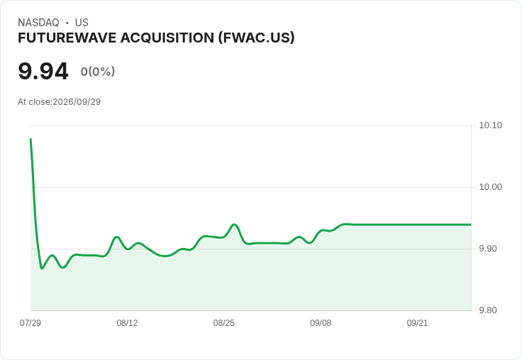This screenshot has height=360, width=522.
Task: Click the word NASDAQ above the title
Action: [x=38, y=23]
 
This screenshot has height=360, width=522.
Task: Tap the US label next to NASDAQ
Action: [x=82, y=23]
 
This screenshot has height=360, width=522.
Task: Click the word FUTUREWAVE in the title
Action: [x=67, y=38]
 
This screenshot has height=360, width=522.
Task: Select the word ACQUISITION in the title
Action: [x=167, y=38]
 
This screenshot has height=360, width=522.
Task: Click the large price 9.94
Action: [x=43, y=71]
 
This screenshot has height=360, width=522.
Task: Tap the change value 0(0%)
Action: [x=98, y=71]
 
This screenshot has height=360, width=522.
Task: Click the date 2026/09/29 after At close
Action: [x=77, y=102]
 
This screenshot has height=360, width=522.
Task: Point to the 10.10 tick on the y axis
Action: [x=490, y=125]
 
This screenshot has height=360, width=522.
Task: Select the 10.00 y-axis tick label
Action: [x=490, y=187]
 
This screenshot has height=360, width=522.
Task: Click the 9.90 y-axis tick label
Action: [x=488, y=249]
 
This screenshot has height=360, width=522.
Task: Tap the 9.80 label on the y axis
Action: [x=488, y=310]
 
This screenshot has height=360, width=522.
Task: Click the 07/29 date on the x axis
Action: [x=30, y=323]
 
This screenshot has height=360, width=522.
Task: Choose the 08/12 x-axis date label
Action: [x=127, y=323]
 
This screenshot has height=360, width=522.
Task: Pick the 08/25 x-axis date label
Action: [x=223, y=323]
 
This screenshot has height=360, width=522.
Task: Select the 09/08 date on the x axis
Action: [x=321, y=323]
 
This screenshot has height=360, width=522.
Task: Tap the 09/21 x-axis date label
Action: [x=417, y=323]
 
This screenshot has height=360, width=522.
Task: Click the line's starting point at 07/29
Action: [x=30, y=139]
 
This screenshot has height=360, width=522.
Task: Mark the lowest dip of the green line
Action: [x=42, y=268]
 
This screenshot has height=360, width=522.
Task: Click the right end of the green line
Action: [x=471, y=225]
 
